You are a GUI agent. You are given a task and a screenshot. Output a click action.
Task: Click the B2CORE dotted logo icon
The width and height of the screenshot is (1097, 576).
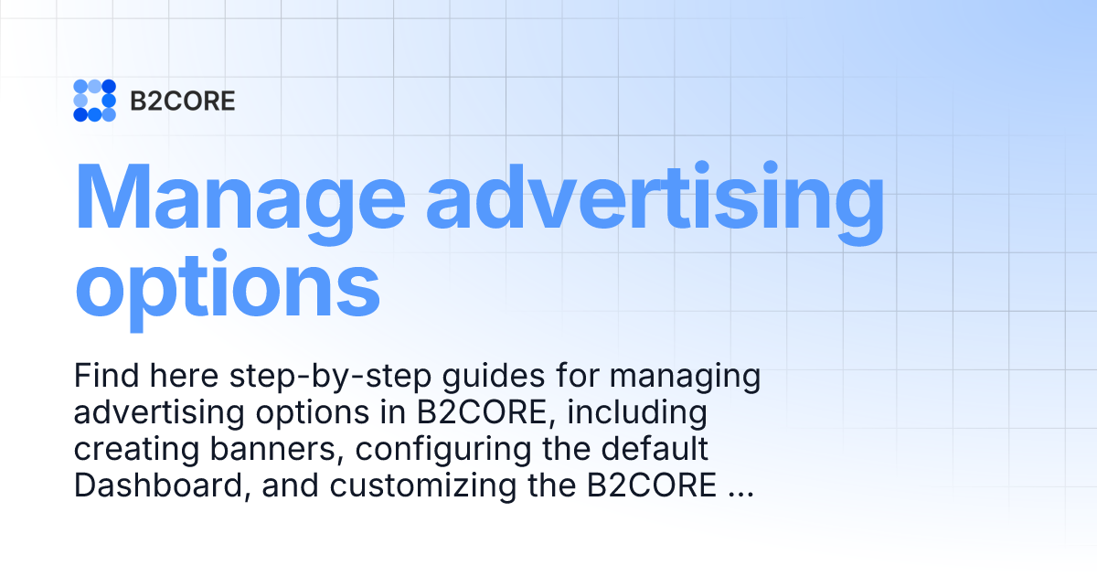pos(94,101)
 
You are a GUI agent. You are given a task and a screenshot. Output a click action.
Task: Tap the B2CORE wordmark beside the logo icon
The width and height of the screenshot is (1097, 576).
pos(182,101)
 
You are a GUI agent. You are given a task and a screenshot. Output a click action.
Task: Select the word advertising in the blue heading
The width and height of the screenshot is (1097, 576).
pos(655,199)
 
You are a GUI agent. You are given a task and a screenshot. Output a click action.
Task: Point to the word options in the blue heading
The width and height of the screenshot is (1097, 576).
pos(227,284)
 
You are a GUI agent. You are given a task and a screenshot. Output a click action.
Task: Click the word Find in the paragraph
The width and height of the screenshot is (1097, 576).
pos(104,377)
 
